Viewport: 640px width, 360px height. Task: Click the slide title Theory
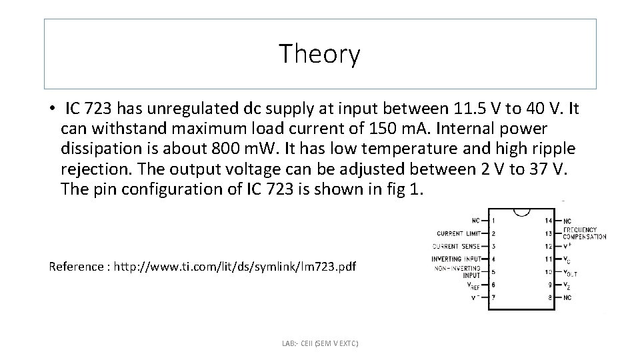pyautogui.click(x=320, y=54)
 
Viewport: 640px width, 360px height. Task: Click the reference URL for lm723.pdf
pyautogui.click(x=235, y=267)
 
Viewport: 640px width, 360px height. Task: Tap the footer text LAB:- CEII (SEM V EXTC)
pyautogui.click(x=320, y=343)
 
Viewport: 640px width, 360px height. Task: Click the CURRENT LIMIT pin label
pyautogui.click(x=458, y=233)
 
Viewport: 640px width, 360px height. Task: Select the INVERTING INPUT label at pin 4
pyautogui.click(x=455, y=259)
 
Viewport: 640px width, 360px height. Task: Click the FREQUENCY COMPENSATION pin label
pyautogui.click(x=585, y=233)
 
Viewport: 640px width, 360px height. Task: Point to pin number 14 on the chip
pyautogui.click(x=549, y=220)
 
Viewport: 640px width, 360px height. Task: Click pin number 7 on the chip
pyautogui.click(x=493, y=297)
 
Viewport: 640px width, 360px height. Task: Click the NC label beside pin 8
pyautogui.click(x=567, y=297)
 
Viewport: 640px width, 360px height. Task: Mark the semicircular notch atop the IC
pyautogui.click(x=521, y=213)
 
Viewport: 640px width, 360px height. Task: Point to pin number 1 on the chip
pyautogui.click(x=493, y=220)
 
